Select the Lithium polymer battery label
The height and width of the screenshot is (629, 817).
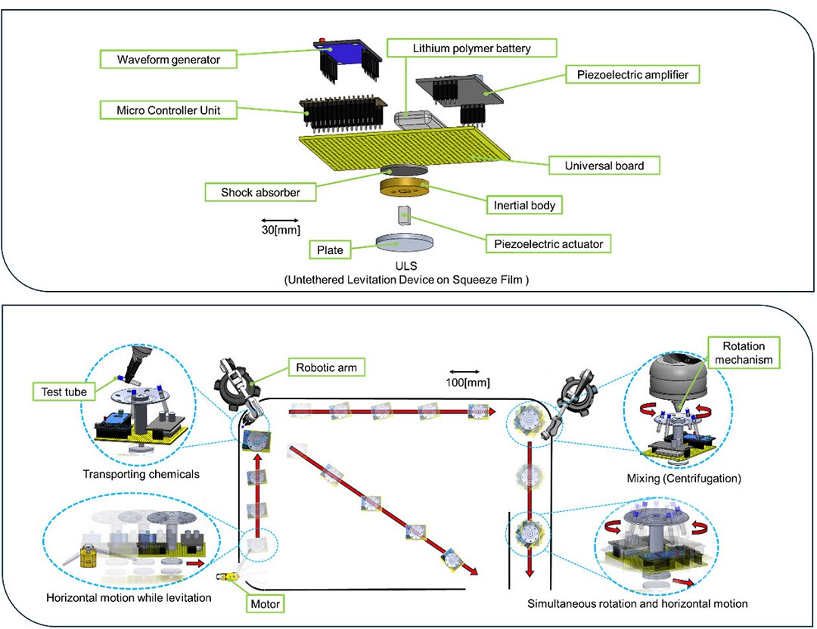(x=471, y=48)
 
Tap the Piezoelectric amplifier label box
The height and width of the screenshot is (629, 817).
(x=631, y=74)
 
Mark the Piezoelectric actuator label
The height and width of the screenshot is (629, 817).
(x=547, y=243)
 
